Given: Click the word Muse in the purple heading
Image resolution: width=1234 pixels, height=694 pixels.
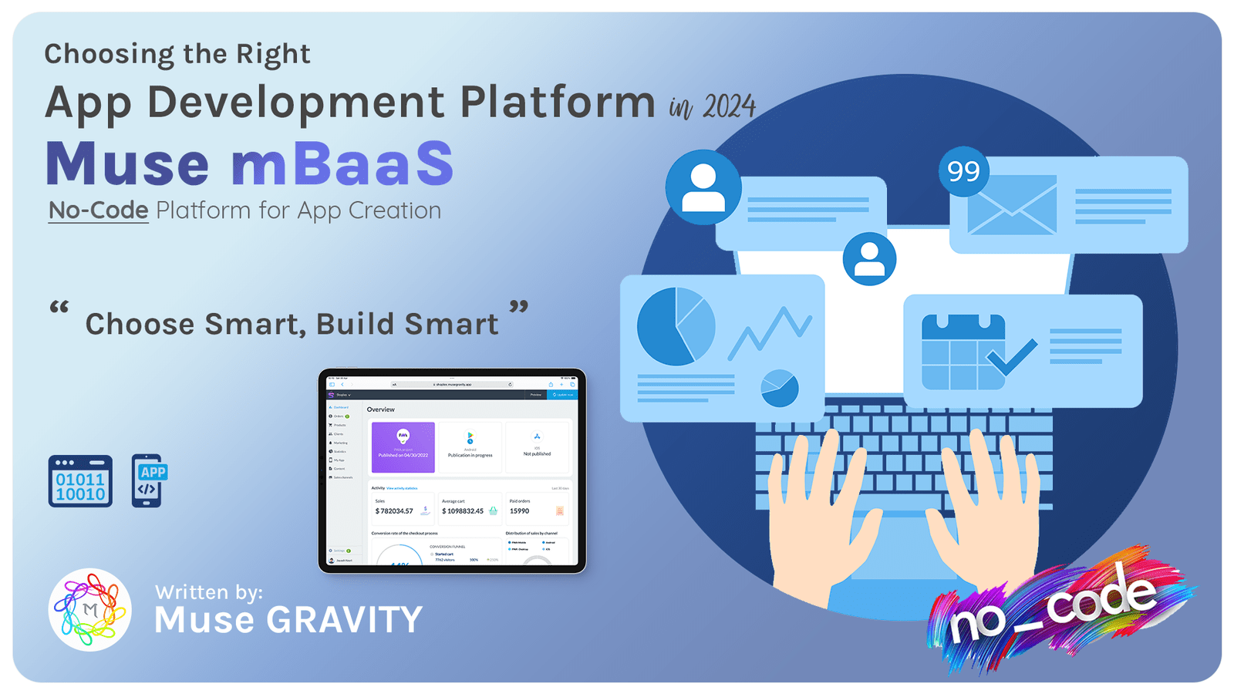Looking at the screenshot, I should coord(127,163).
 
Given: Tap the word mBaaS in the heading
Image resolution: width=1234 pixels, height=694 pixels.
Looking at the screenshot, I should coord(342,163).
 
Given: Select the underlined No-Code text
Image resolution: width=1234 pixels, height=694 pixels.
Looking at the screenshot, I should coord(98,211).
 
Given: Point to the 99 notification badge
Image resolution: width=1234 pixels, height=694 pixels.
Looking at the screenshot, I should coord(963,171).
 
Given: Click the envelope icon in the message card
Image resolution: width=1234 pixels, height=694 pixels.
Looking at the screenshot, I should coord(1011,205).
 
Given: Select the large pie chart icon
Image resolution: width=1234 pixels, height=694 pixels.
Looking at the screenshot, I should coord(676,326).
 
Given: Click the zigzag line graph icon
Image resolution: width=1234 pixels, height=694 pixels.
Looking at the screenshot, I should coord(770,332).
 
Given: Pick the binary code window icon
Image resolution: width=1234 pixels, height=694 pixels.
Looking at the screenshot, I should coord(80,481).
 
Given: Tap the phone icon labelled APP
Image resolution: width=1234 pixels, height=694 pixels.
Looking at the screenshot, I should coord(149,481).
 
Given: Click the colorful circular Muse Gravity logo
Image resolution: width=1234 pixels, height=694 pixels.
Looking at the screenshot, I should coord(90,610).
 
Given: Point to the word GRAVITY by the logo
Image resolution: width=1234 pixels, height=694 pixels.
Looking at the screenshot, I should coord(344,620).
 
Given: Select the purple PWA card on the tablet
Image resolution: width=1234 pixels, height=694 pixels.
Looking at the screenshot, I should coord(403,446).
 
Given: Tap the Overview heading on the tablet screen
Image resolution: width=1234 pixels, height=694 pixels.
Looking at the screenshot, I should coord(381,409).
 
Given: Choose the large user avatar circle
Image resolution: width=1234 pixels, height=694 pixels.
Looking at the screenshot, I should coord(703,187).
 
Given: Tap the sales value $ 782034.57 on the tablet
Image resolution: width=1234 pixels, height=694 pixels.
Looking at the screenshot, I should coord(394,511).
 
